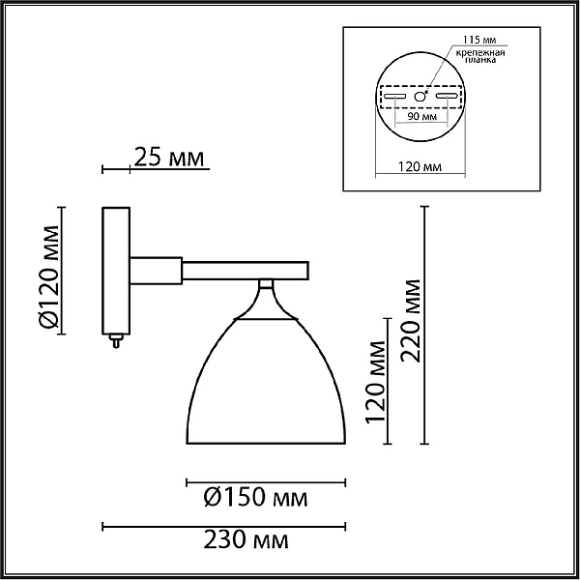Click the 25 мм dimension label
168,158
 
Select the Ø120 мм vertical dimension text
48,276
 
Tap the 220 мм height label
411,321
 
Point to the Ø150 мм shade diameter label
255,497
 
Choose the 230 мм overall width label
246,539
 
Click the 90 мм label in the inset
422,117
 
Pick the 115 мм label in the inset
479,40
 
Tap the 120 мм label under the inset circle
420,167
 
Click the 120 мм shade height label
375,382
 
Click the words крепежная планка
479,56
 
